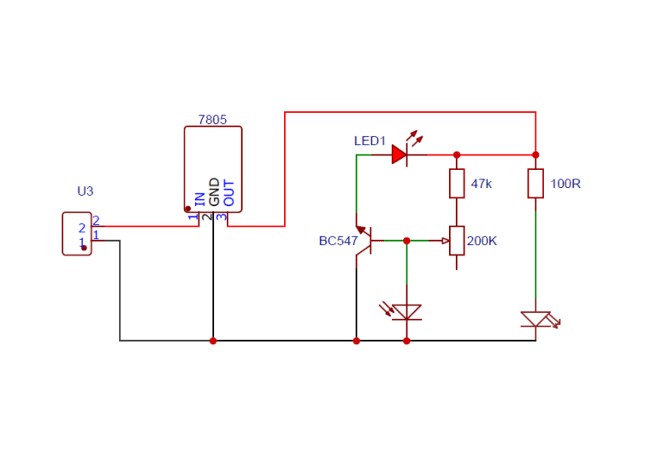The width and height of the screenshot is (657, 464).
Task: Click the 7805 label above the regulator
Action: click(212, 120)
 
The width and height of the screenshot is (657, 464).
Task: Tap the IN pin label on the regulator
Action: click(200, 198)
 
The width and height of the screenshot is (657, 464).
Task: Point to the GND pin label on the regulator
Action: click(214, 192)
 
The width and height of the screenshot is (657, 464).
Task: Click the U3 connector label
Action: click(85, 191)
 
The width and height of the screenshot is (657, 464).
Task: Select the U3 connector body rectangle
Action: click(76, 233)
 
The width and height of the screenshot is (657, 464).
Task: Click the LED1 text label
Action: click(370, 140)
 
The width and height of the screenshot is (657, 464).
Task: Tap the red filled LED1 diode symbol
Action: click(400, 155)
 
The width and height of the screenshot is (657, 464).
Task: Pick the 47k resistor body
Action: click(457, 183)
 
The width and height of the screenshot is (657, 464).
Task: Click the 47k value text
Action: click(482, 184)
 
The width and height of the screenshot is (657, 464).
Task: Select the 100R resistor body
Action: click(536, 183)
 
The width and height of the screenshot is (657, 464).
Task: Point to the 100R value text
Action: click(566, 184)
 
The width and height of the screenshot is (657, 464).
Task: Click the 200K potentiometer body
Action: click(457, 241)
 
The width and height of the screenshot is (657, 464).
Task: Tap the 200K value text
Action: click(482, 241)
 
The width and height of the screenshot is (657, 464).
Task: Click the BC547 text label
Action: click(338, 241)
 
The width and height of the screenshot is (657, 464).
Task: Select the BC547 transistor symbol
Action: click(363, 241)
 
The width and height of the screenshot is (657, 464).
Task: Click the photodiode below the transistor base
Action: click(407, 312)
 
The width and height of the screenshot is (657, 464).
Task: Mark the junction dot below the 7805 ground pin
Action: click(213, 341)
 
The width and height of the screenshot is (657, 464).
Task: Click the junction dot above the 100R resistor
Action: click(536, 155)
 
